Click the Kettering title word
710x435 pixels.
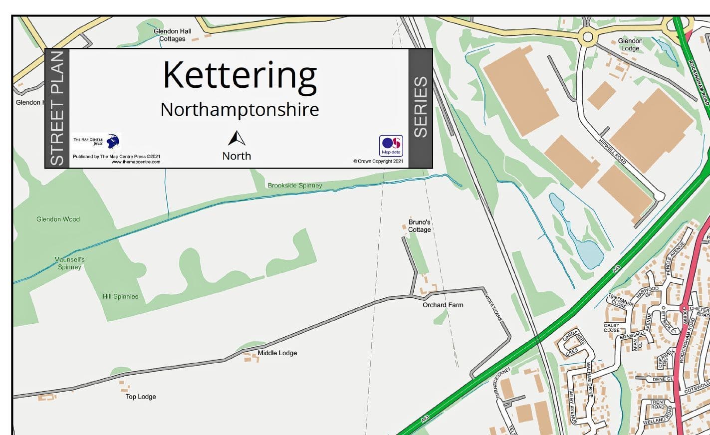pos(239,76)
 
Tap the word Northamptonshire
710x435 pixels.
pos(239,109)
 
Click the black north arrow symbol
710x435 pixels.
pos(237,138)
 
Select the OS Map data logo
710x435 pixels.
pos(391,146)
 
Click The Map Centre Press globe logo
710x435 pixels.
pos(113,141)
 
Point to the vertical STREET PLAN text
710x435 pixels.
pos(57,108)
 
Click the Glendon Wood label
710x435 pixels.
pos(58,219)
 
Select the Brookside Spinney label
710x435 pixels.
pos(294,185)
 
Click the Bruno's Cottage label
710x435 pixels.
pos(419,226)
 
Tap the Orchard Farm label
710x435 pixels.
pos(443,305)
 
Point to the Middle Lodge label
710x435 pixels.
pos(277,353)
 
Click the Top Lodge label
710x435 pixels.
pos(141,397)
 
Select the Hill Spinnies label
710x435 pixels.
pos(120,296)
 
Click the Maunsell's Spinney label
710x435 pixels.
pos(69,263)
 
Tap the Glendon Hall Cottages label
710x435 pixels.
pos(172,35)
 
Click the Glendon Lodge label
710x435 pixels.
pos(630,44)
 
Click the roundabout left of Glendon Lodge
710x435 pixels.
pos(588,36)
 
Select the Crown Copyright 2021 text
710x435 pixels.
pos(378,161)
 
